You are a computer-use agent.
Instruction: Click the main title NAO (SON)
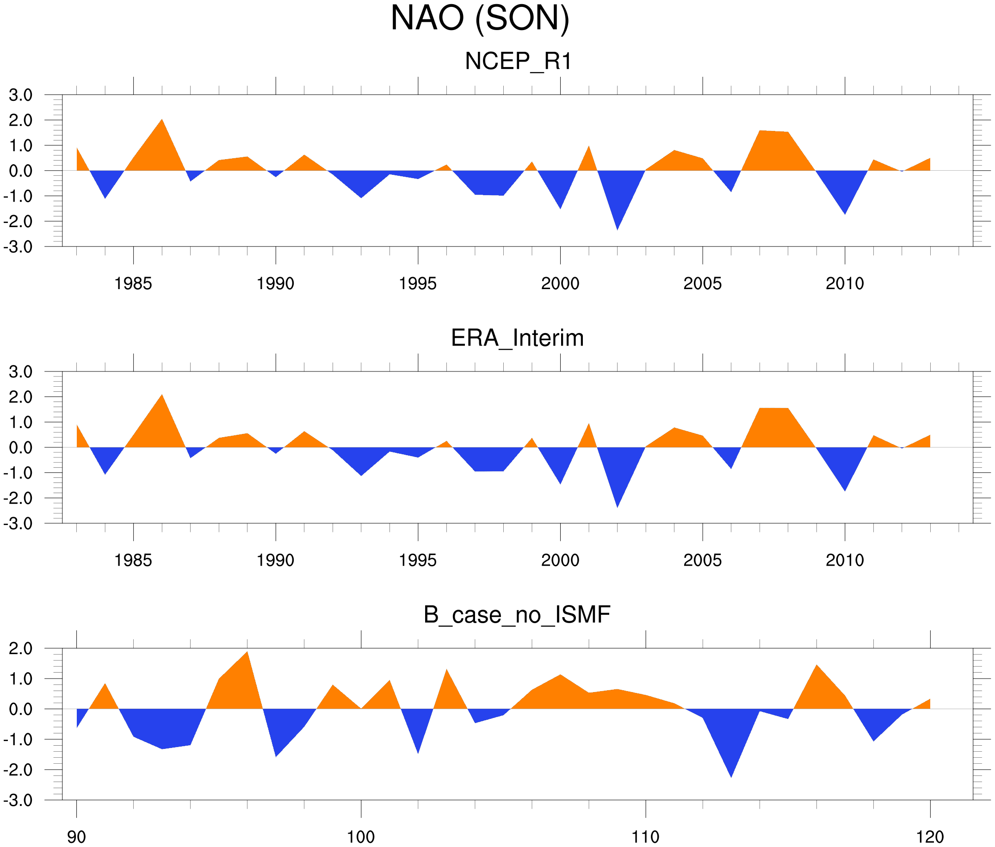480,18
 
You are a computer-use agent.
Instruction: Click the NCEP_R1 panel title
518,62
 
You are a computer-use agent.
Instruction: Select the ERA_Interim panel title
517,338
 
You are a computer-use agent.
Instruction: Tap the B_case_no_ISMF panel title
517,615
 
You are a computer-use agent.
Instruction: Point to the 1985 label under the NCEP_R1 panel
133,284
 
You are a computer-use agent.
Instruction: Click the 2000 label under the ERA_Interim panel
560,560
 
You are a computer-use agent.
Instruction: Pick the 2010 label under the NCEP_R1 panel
845,284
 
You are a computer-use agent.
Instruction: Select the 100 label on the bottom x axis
361,837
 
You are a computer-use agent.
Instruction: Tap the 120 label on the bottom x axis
930,837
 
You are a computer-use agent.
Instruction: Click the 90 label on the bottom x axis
76,837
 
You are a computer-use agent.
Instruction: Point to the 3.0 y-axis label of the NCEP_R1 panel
21,95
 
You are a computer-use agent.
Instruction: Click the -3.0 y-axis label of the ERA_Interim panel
18,523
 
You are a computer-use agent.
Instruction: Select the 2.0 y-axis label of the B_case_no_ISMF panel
21,649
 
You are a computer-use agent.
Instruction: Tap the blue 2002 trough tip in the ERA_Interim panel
617,504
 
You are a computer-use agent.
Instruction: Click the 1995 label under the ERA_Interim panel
417,560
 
